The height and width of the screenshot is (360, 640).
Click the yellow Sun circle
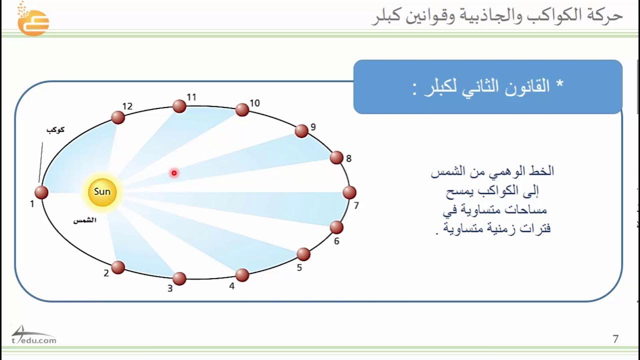click(x=102, y=192)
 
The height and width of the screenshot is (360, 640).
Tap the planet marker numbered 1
click(x=41, y=192)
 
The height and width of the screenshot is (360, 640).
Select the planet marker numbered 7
click(x=349, y=192)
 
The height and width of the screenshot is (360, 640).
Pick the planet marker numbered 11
click(x=179, y=106)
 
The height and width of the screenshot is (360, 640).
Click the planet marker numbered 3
click(x=179, y=278)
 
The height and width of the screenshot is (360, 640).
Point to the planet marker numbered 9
click(x=301, y=131)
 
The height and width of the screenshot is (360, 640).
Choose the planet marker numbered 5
click(x=303, y=254)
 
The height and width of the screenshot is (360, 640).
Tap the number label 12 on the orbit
click(x=127, y=106)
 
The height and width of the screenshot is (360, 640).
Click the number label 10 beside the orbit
click(x=255, y=103)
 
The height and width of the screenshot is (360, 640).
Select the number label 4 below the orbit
click(x=231, y=287)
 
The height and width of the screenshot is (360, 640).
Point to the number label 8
click(x=349, y=159)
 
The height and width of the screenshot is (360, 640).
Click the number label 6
click(x=336, y=241)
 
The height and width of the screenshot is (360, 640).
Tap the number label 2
click(x=106, y=273)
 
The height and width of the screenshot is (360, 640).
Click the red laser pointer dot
click(x=174, y=173)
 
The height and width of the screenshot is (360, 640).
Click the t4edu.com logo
click(x=33, y=336)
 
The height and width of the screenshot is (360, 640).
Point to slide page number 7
click(x=615, y=339)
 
